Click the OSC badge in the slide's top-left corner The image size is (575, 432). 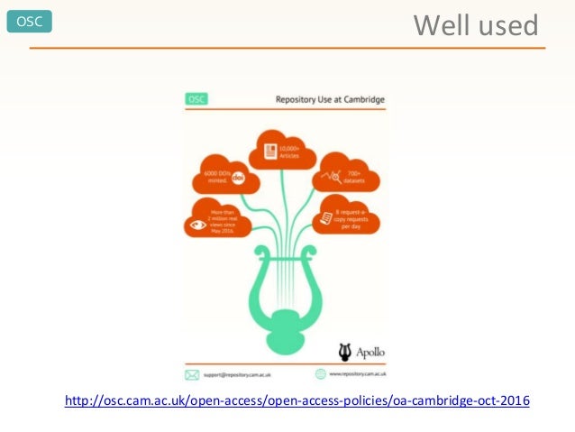(x=29, y=23)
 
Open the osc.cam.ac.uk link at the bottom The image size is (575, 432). (x=297, y=400)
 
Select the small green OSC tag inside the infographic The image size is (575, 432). (x=195, y=98)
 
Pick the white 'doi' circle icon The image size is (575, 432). (x=239, y=179)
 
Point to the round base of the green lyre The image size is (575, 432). (x=285, y=317)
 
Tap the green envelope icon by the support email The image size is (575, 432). (x=191, y=373)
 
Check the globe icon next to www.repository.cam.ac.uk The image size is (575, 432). (x=321, y=373)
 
